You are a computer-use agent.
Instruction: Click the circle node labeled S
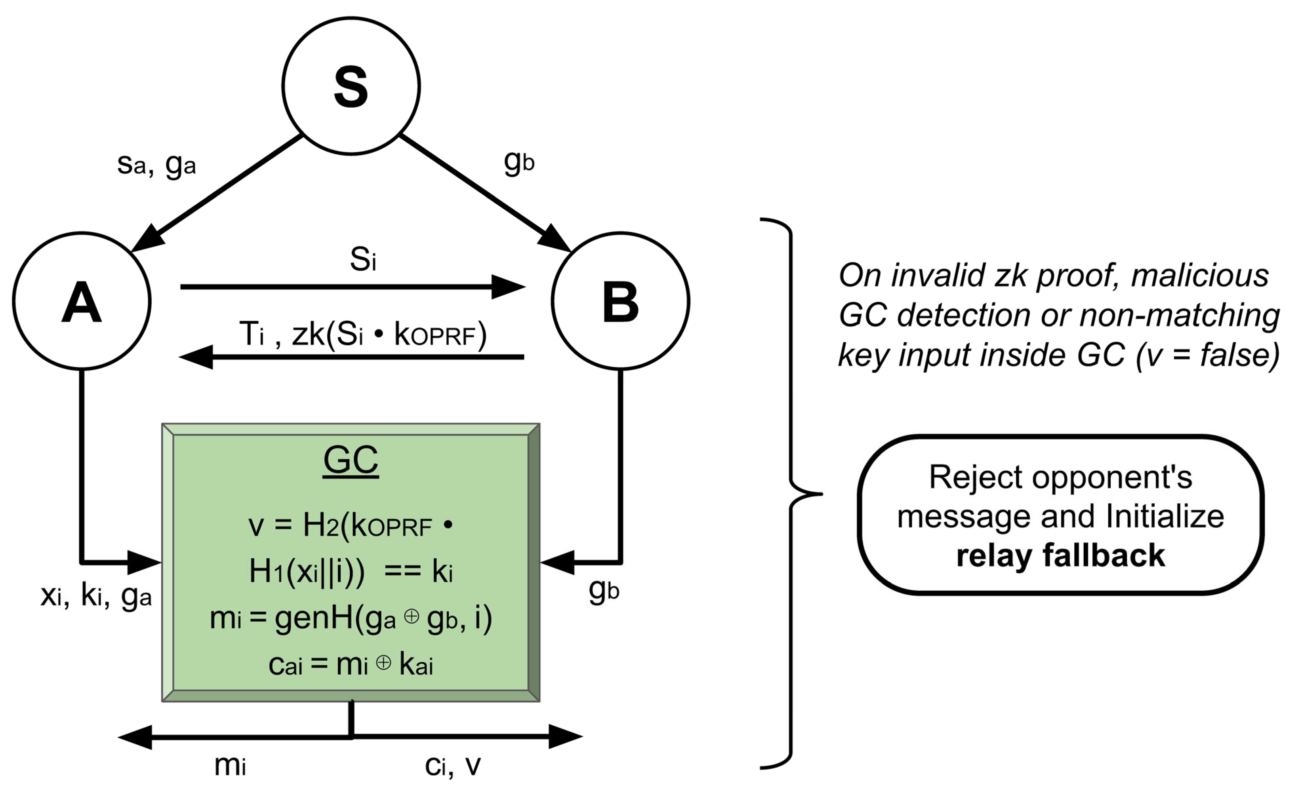(x=351, y=86)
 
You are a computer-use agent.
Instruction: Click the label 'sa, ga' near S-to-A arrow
(x=156, y=165)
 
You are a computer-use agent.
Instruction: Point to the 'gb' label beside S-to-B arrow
(x=519, y=161)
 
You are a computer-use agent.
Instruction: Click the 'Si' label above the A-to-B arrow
(x=363, y=259)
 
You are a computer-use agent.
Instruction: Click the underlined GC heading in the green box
(x=351, y=460)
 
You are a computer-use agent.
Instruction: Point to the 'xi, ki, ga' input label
(x=96, y=596)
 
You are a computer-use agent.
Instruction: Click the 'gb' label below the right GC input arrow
(x=603, y=590)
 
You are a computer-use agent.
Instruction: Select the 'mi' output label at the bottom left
(x=231, y=765)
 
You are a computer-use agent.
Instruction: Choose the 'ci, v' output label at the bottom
(x=453, y=765)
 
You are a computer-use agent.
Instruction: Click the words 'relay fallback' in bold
(x=1060, y=556)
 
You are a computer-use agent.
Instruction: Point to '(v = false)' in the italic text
(x=1207, y=354)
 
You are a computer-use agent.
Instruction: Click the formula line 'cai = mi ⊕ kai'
(x=351, y=664)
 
